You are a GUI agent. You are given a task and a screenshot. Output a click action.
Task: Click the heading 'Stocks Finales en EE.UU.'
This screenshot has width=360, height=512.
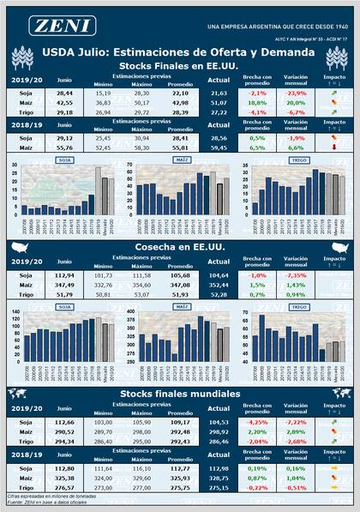click(179, 65)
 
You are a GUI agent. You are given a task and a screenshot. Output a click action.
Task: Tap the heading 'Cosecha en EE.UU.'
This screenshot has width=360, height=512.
click(179, 246)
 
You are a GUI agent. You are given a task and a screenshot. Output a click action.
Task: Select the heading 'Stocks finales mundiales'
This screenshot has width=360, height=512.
click(179, 393)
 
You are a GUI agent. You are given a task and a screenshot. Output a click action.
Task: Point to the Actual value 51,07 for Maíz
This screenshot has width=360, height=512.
click(219, 101)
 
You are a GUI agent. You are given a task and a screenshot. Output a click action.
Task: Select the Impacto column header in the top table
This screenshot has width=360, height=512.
click(334, 80)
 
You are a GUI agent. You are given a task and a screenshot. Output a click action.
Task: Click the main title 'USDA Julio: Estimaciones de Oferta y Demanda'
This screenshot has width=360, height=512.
click(179, 52)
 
